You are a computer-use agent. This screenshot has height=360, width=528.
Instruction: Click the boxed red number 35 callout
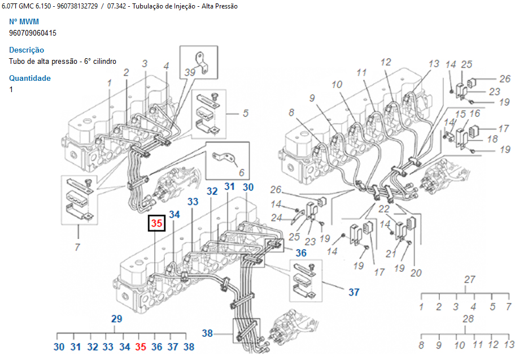point(156,223)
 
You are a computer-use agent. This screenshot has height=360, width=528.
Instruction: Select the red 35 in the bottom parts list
point(141,347)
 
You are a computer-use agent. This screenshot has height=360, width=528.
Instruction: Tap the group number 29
point(116,319)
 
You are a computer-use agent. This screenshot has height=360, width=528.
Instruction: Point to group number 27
point(469,279)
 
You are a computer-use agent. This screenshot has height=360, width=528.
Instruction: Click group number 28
point(468,319)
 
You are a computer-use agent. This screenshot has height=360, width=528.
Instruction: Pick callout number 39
point(189,72)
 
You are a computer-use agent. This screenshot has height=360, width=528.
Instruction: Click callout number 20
point(416,273)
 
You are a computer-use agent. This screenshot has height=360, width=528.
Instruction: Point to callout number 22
point(384,209)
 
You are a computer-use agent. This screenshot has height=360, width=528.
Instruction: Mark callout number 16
point(474,114)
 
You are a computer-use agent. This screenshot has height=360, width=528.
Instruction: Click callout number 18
point(492,139)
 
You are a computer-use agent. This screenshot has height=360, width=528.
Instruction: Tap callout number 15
point(461,114)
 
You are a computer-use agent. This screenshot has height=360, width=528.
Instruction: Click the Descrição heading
point(27,50)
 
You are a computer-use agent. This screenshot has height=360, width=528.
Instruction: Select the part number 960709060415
point(33,33)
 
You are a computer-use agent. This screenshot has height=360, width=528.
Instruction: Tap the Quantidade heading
point(30,78)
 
